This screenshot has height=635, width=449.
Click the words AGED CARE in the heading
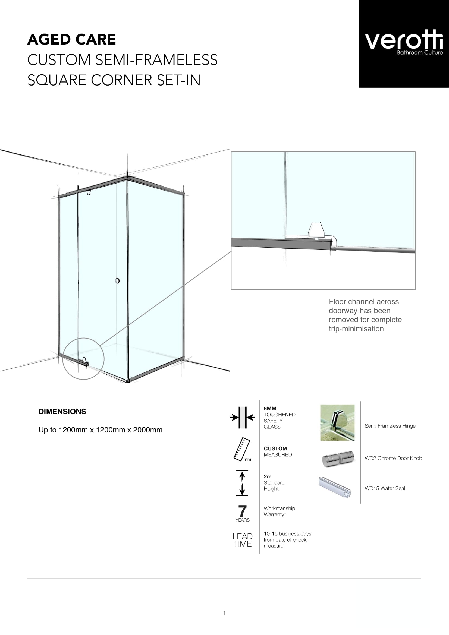tap(72, 39)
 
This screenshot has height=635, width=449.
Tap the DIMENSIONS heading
tap(62, 412)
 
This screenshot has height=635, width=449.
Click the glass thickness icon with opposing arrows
tap(243, 417)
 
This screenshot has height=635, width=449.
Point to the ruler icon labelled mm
tap(242, 449)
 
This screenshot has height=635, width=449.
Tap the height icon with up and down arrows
tap(242, 484)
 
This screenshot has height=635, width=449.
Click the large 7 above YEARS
tap(242, 511)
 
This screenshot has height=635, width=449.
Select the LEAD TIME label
tap(242, 540)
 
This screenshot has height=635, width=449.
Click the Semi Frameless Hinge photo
tap(337, 423)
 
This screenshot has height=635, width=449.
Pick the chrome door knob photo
tap(338, 459)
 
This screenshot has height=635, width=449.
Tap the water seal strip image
tap(335, 487)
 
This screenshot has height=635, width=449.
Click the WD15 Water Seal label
tap(385, 488)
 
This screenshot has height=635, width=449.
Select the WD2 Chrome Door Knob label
tap(393, 458)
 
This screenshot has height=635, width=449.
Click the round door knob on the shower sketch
tap(117, 281)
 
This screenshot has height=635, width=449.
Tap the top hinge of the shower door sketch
tap(89, 192)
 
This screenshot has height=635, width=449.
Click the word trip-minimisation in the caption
tap(356, 329)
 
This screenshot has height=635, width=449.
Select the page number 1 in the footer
tap(224, 613)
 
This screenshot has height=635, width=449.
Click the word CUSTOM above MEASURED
tap(275, 448)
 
